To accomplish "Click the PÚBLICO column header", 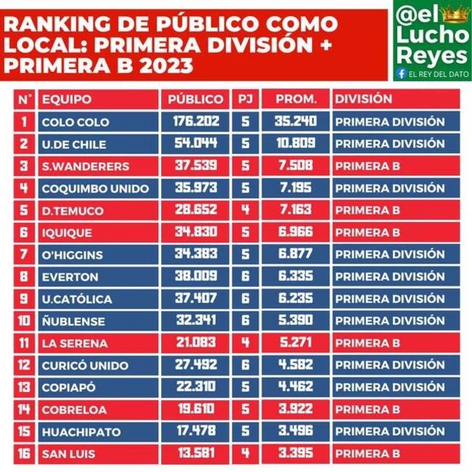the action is tap(195, 99).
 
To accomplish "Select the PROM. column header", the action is tap(296, 99).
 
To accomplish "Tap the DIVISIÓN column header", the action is tap(364, 99).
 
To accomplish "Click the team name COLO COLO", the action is tap(76, 122).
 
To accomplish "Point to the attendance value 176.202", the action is tap(196, 121).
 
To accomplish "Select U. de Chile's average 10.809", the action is tap(296, 143).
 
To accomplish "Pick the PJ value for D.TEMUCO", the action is tap(245, 210).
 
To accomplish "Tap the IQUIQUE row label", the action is tap(67, 232).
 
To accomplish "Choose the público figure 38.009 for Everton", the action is tap(196, 276).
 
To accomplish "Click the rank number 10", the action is tap(24, 320).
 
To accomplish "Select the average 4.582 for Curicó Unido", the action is tap(296, 365).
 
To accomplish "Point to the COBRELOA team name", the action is tap(74, 410).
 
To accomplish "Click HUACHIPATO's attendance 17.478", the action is tap(196, 431).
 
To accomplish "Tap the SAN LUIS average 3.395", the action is tap(296, 453).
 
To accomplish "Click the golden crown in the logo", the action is tap(455, 14).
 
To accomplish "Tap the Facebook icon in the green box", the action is tap(402, 73).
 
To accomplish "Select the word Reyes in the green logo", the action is tap(431, 56).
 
